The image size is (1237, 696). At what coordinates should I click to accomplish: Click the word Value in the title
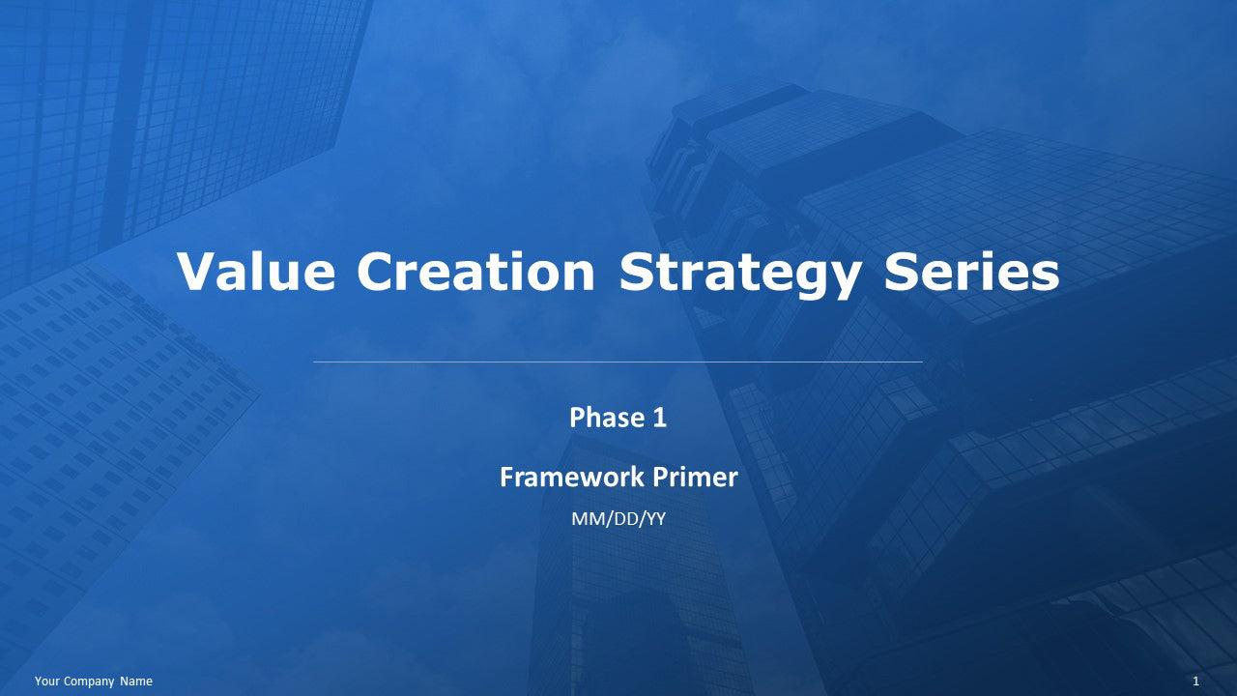(x=256, y=272)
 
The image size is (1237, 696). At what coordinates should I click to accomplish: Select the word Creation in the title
(x=475, y=272)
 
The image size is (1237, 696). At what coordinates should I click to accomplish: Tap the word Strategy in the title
(x=739, y=274)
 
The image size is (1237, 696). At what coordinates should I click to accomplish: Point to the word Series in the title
(x=971, y=272)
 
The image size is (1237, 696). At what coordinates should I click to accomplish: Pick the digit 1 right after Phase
(x=660, y=418)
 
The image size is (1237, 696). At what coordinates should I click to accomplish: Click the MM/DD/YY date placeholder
(x=618, y=519)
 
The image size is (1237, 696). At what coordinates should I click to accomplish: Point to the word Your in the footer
(x=47, y=681)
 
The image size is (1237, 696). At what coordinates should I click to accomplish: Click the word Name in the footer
(x=136, y=681)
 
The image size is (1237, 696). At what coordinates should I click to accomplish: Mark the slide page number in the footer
(x=1195, y=681)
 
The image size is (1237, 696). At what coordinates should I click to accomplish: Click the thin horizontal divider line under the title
(x=618, y=362)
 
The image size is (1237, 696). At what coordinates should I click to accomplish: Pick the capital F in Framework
(x=506, y=477)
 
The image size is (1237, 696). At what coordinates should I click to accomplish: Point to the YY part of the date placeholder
(x=655, y=519)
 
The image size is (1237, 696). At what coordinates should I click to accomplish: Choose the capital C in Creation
(x=379, y=272)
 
